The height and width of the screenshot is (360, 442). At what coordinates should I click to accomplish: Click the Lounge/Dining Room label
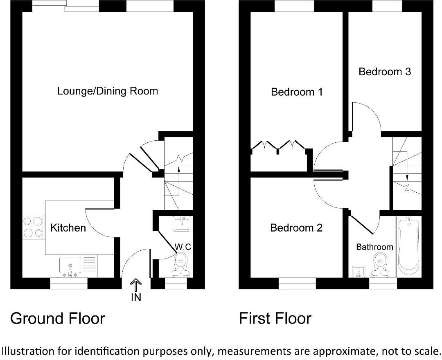tap(107, 91)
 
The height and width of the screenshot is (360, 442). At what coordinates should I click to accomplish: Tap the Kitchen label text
tap(68, 228)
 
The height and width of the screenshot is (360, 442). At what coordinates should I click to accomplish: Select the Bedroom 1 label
tap(297, 92)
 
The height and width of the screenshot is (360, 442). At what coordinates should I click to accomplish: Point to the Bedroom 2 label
tap(296, 228)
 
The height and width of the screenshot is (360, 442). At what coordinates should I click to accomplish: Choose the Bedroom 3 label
tap(384, 72)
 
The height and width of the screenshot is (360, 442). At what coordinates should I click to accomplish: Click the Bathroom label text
tap(374, 247)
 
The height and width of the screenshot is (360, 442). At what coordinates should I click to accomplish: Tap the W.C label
tap(183, 247)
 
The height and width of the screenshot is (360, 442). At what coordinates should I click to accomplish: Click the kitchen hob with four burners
tap(33, 227)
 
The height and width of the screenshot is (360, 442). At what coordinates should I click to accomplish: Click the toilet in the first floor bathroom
tap(381, 263)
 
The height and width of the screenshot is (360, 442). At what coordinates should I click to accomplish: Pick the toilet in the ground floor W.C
tap(180, 264)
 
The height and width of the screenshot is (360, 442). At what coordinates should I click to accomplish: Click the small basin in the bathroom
tap(359, 272)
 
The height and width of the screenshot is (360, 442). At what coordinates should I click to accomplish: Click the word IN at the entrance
tap(136, 298)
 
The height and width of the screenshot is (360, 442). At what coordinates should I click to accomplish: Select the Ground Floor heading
tap(57, 318)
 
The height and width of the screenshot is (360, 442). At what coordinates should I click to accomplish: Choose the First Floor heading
tap(275, 318)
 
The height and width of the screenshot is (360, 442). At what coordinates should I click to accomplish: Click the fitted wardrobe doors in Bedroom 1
tap(278, 145)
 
